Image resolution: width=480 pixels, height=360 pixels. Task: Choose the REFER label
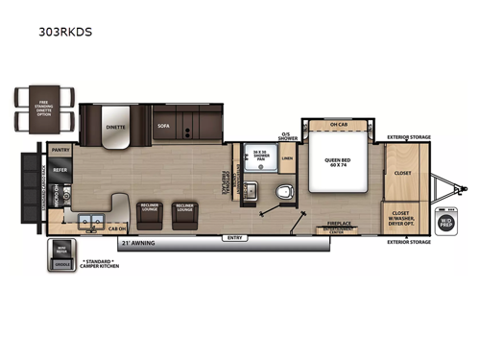tap(60, 169)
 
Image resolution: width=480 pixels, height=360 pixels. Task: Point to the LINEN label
tap(287, 159)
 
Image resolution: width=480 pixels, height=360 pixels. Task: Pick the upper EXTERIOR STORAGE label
tap(407, 137)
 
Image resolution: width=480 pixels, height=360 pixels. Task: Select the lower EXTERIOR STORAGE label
tap(407, 242)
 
